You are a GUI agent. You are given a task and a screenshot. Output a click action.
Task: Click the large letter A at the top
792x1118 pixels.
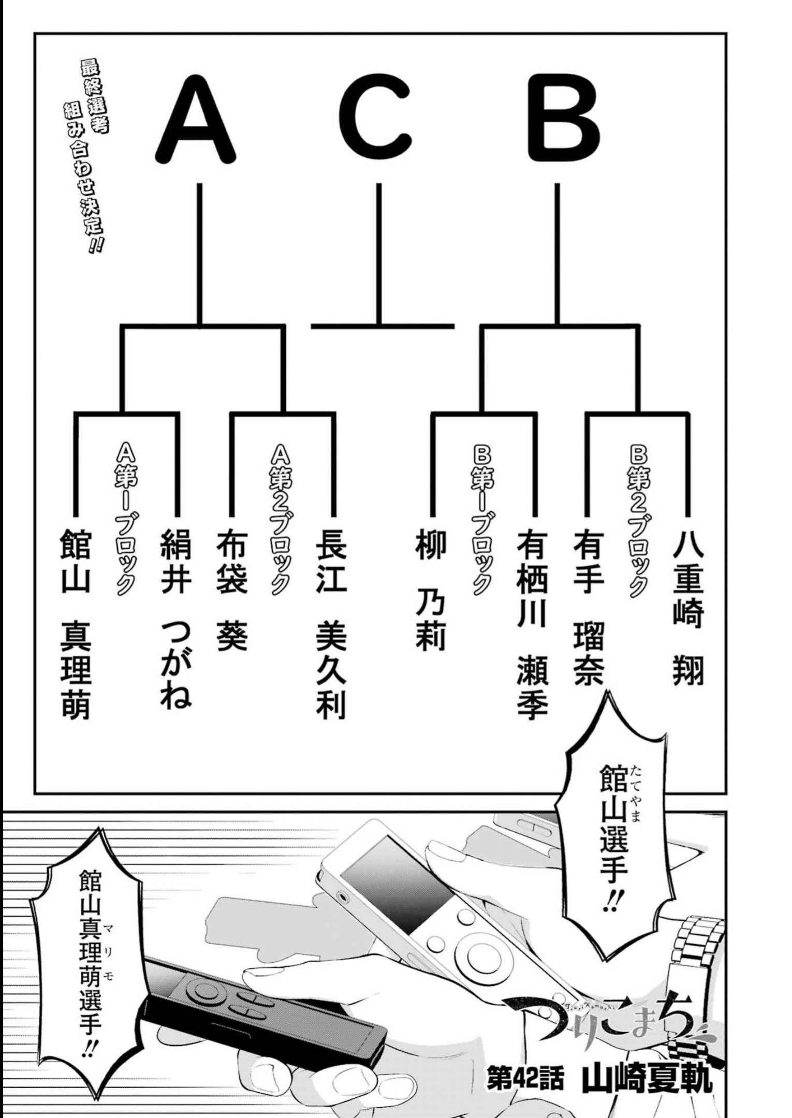pyautogui.click(x=195, y=119)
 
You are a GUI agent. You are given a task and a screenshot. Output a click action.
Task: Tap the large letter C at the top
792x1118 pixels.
pyautogui.click(x=376, y=119)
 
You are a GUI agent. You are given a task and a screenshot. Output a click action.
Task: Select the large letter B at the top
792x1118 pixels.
pyautogui.click(x=563, y=119)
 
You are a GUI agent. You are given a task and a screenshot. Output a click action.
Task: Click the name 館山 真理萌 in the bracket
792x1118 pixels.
pyautogui.click(x=76, y=623)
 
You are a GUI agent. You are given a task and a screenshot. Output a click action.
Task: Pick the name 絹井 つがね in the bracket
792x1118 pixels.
pyautogui.click(x=176, y=618)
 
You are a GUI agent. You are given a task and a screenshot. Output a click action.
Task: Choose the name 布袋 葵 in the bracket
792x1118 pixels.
pyautogui.click(x=231, y=590)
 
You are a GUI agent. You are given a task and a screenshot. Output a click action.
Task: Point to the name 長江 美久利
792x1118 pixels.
pyautogui.click(x=331, y=623)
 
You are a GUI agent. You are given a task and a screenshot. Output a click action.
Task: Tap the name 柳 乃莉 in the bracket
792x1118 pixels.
pyautogui.click(x=430, y=590)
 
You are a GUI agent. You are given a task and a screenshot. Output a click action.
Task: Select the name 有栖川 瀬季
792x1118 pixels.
pyautogui.click(x=532, y=623)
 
